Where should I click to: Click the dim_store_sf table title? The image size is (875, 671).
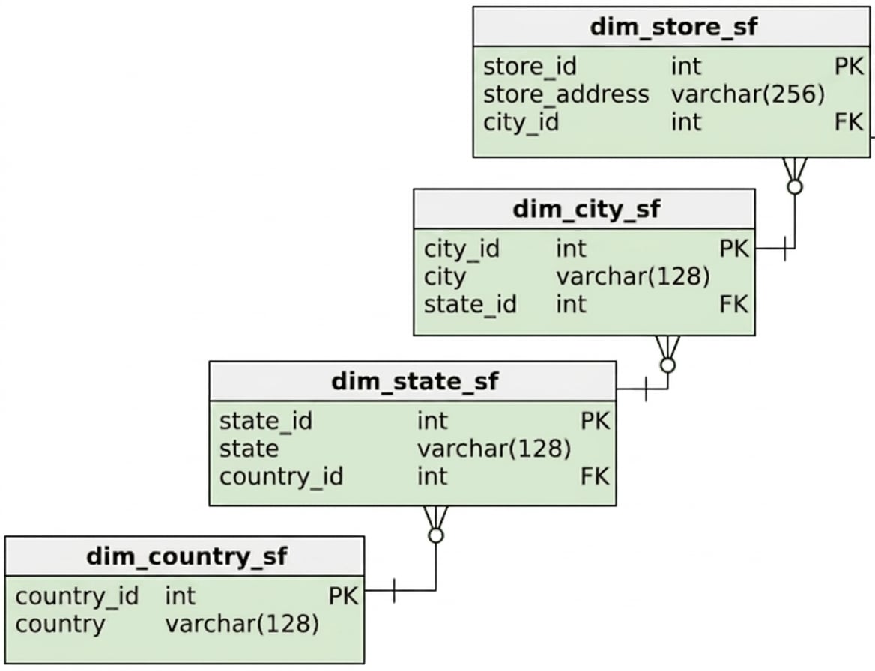point(673,27)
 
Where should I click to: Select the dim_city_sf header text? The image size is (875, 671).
point(586,210)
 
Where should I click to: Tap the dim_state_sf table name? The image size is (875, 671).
point(414,382)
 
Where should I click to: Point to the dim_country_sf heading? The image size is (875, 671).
point(187,556)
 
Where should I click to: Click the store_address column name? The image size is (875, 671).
point(566,94)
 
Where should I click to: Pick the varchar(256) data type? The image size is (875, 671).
point(748,94)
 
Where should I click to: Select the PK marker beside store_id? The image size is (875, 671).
point(849,67)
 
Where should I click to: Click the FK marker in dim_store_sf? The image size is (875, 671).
point(849,122)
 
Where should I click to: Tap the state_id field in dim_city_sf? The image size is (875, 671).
point(470,305)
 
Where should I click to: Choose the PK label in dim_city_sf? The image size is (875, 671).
point(734,249)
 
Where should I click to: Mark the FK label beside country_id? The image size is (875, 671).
point(595,477)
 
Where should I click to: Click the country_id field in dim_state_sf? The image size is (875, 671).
point(281,477)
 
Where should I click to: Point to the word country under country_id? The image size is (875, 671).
point(60,625)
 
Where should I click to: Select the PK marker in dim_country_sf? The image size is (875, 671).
point(342,596)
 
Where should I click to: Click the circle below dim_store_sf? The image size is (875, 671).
point(795,187)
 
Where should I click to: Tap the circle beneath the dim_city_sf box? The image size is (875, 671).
point(667,365)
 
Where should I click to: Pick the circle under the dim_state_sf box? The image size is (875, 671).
point(436,535)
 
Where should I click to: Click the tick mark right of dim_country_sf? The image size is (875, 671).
point(394,591)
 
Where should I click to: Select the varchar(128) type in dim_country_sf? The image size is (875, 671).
point(242,624)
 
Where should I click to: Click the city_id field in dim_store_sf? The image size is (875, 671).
point(521,122)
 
